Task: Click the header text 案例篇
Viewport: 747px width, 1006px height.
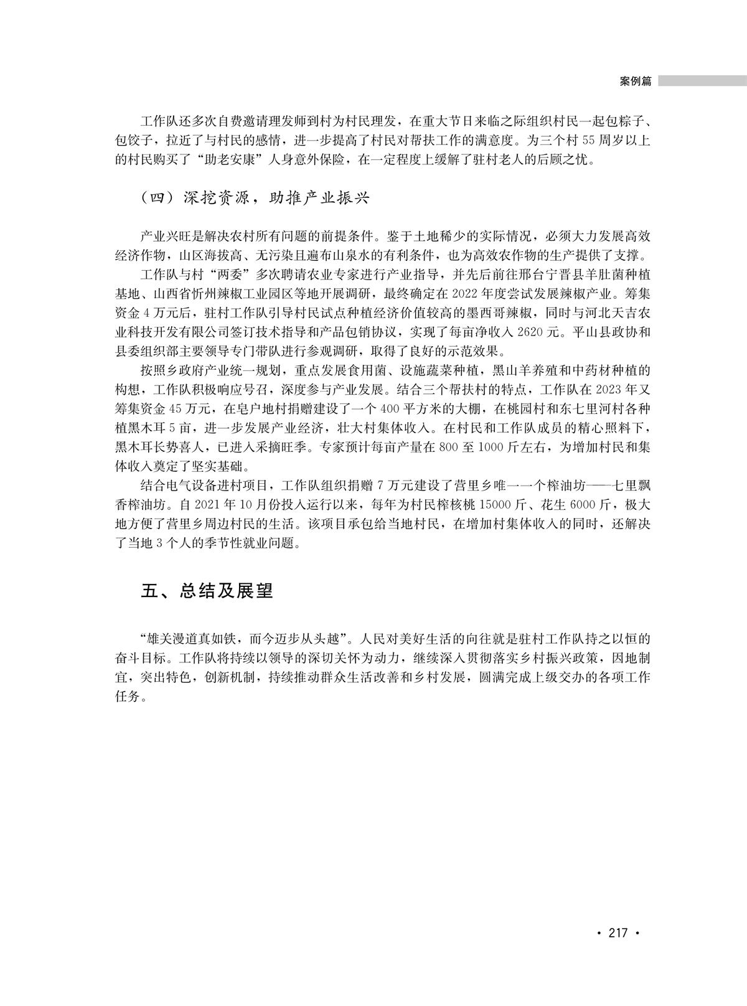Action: point(636,82)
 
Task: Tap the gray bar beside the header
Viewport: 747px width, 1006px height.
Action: point(702,82)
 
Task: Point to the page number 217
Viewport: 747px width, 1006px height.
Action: point(618,933)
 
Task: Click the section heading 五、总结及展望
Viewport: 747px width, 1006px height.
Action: point(207,591)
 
